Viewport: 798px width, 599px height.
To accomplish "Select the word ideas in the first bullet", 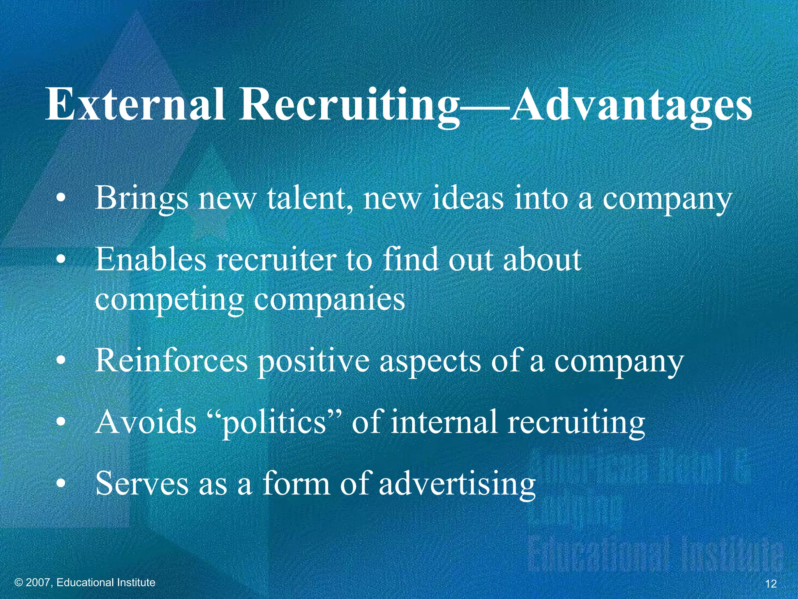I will tap(467, 198).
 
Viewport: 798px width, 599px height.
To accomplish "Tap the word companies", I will tap(330, 300).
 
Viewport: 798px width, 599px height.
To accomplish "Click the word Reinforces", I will tap(171, 360).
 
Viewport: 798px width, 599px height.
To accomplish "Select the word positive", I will tap(314, 361).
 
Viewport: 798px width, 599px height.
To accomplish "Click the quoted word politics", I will tap(273, 423).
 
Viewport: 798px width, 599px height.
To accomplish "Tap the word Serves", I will tap(142, 483).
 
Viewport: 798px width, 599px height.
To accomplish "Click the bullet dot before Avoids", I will tap(60, 422).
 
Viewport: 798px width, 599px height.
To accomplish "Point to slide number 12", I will tap(771, 584).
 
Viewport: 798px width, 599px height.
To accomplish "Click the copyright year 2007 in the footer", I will tap(39, 583).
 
